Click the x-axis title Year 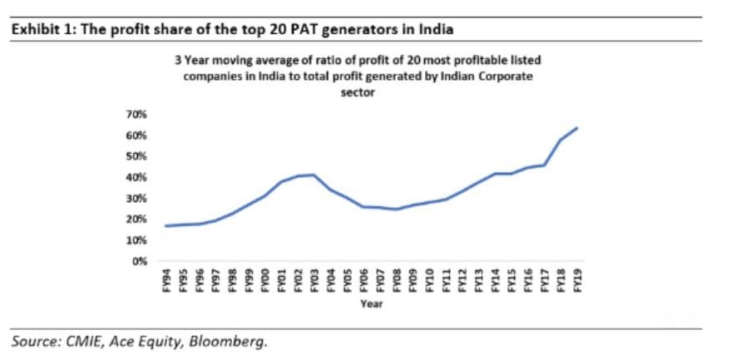tap(371, 304)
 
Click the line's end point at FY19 tap(576, 128)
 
